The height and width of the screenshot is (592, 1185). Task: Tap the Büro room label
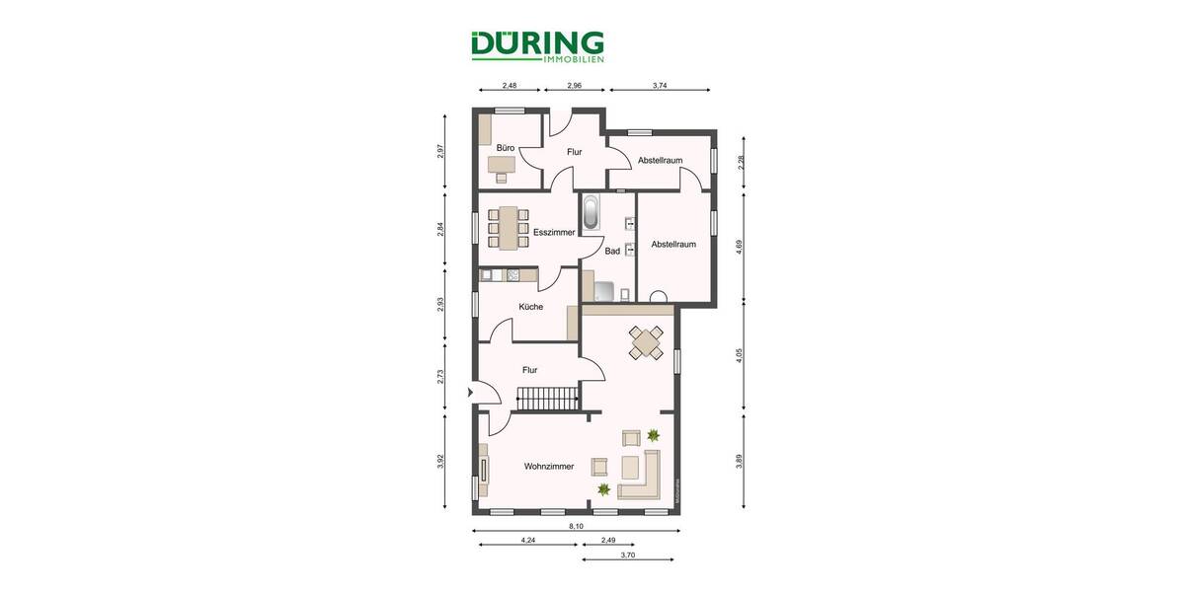[x=506, y=149]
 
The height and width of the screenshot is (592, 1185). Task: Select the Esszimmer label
[x=553, y=233]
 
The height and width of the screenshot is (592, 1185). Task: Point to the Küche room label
[x=530, y=307]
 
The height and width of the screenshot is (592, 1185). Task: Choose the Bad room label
[x=612, y=252]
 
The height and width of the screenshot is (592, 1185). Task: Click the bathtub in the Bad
[x=591, y=213]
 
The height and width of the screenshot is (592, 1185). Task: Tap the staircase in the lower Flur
[x=547, y=399]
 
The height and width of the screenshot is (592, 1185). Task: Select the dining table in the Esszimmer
[x=510, y=227]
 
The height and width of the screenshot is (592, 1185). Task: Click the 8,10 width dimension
[x=575, y=526]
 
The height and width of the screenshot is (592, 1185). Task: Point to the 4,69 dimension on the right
[x=741, y=250]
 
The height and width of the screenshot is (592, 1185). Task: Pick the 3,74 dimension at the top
[x=661, y=86]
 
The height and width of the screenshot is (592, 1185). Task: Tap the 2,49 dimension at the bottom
[x=608, y=540]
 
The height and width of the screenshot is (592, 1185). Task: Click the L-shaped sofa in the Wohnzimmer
[x=642, y=477]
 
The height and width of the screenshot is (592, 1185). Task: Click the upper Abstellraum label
[x=660, y=160]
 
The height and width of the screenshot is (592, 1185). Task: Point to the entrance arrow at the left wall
[x=470, y=392]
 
